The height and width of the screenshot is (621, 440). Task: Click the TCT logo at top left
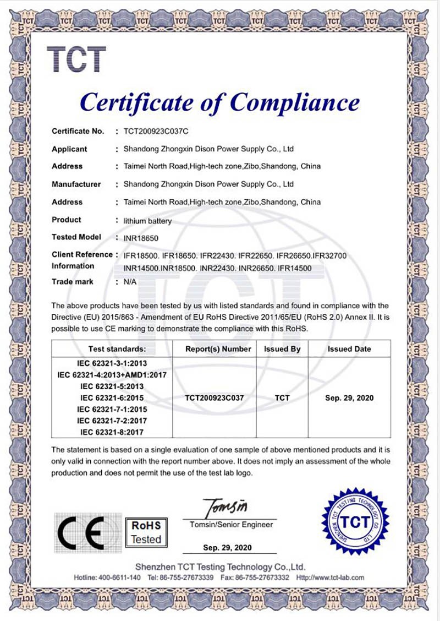76,59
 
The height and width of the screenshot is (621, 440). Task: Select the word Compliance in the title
295,102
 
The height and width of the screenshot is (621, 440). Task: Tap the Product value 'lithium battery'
148,221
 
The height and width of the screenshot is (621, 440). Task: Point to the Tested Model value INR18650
142,238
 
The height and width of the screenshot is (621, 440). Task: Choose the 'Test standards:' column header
117,349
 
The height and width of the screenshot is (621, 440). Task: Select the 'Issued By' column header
282,349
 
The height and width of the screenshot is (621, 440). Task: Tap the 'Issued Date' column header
349,349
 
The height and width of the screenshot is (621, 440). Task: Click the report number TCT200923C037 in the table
215,397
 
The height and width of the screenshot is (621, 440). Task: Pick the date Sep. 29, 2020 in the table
349,397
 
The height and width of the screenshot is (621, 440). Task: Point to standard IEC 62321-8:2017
112,432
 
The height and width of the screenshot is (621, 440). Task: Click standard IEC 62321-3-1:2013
112,363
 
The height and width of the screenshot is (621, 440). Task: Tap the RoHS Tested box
146,532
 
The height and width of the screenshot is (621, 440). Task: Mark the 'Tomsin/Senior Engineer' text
231,525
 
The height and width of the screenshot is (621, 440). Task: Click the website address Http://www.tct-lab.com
330,577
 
